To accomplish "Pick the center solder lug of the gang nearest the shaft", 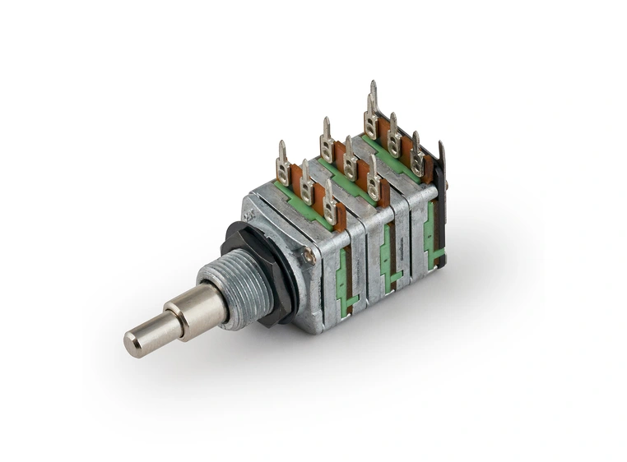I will pyautogui.click(x=307, y=182).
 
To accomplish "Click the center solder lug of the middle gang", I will pyautogui.click(x=351, y=158).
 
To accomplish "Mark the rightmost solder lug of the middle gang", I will pyautogui.click(x=374, y=178).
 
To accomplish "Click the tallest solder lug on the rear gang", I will pyautogui.click(x=372, y=111).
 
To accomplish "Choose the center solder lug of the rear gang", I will pyautogui.click(x=395, y=135).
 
